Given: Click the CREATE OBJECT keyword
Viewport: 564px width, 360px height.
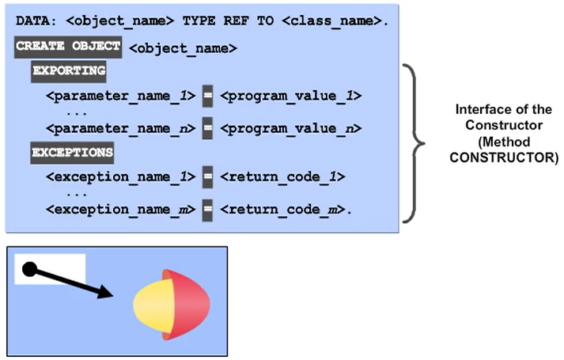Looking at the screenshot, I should point(68,46).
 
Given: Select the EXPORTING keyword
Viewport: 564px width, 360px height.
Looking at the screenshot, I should point(69,71).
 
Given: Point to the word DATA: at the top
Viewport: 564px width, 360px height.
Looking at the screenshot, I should point(36,17).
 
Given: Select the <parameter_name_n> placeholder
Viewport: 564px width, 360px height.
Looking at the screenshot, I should point(120,127).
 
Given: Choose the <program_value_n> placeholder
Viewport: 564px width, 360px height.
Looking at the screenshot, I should point(290,127).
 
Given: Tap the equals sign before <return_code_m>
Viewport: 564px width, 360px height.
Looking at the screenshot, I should point(208,209).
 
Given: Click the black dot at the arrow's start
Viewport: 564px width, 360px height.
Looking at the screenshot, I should point(28,271).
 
